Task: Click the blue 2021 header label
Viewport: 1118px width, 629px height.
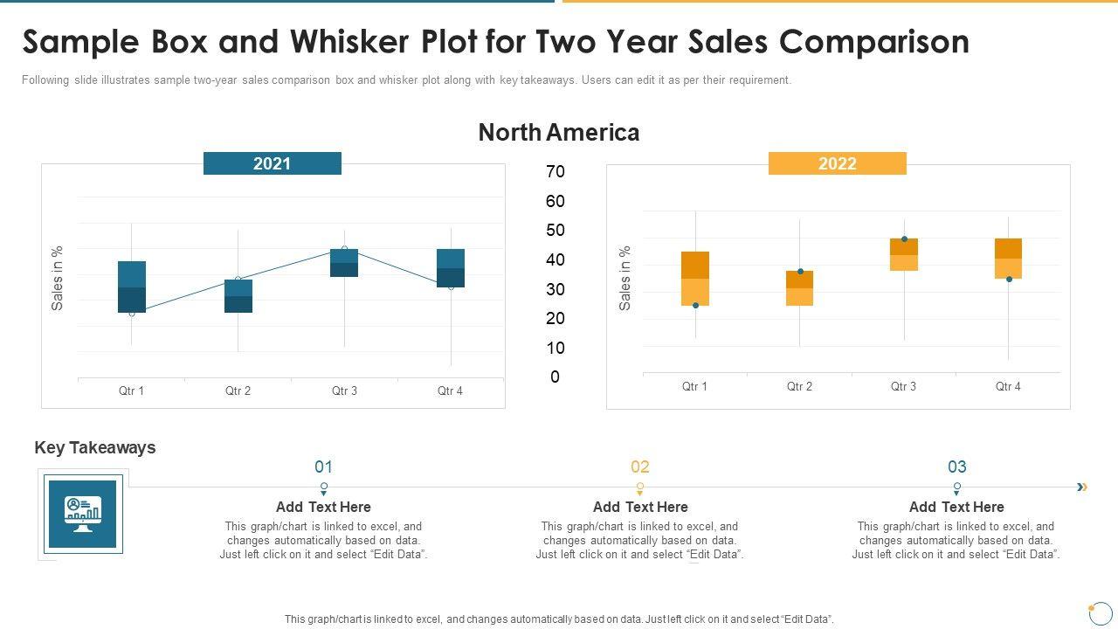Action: [272, 163]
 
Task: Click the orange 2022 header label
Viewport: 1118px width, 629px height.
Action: [837, 163]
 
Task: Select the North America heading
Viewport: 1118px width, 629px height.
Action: [559, 133]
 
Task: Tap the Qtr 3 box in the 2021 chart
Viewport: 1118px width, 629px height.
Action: [344, 263]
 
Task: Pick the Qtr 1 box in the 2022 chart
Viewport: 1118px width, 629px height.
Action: [695, 279]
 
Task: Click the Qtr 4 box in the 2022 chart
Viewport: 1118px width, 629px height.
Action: [1008, 259]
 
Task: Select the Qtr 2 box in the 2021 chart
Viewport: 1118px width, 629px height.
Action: [238, 296]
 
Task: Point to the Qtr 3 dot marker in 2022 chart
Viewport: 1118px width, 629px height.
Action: [904, 239]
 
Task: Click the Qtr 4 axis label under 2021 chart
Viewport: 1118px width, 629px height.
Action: [450, 391]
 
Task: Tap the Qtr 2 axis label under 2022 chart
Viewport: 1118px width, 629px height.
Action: [799, 386]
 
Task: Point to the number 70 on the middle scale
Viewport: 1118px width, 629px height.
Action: [556, 172]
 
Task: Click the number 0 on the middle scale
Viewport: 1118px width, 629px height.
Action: [556, 377]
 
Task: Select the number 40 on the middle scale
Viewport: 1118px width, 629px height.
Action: [556, 260]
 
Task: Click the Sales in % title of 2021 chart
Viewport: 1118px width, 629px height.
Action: [58, 278]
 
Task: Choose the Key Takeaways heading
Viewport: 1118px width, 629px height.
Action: [95, 447]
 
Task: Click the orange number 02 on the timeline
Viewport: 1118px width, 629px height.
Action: [640, 467]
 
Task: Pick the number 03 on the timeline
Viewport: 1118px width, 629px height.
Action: [957, 467]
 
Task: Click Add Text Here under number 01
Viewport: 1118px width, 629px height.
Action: [323, 507]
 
